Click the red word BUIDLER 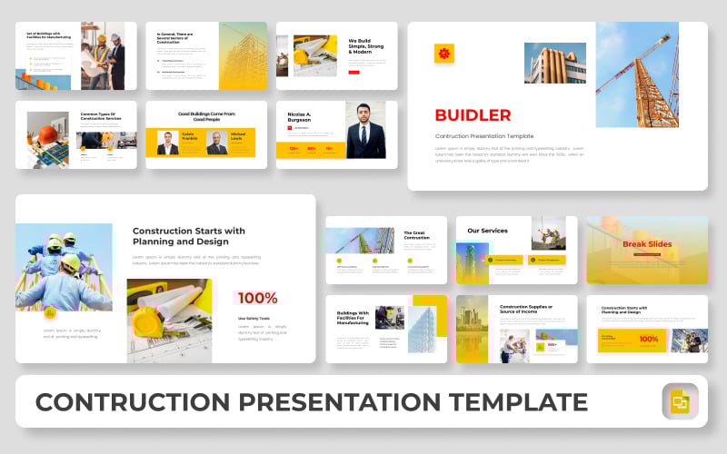click(473, 115)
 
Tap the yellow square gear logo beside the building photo click(443, 54)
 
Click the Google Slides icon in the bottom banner click(679, 401)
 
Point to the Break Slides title click(646, 244)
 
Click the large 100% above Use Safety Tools click(257, 298)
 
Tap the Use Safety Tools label click(255, 319)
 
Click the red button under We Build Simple click(354, 72)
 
